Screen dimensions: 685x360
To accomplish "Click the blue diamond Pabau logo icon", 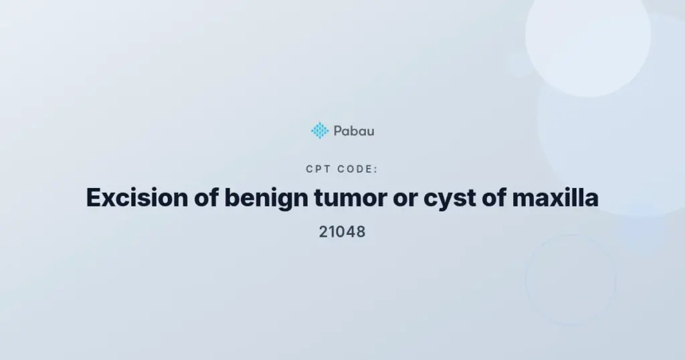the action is click(320, 130).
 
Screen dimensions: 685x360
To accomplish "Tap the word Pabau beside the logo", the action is click(354, 130).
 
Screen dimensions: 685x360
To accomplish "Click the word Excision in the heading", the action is click(136, 197).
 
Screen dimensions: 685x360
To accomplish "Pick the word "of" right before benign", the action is click(206, 197).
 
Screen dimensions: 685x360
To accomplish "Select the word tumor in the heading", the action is click(351, 198).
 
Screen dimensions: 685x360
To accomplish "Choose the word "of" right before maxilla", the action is click(494, 197).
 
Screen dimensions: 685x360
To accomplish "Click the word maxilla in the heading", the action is click(555, 197).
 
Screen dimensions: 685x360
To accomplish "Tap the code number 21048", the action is click(342, 232).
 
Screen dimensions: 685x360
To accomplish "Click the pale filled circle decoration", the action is click(587, 35).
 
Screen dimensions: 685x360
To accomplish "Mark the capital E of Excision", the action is click(94, 197).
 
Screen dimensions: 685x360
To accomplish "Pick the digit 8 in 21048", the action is click(361, 232).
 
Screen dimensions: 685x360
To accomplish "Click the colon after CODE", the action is click(376, 170).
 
